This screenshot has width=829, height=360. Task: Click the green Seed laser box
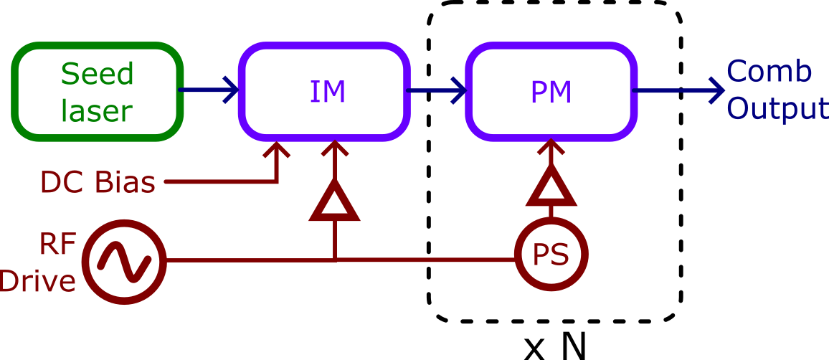click(98, 91)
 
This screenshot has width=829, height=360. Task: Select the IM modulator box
click(327, 91)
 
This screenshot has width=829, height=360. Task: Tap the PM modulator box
click(551, 91)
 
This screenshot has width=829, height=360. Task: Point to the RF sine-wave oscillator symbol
click(123, 259)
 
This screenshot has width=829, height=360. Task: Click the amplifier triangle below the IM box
click(333, 204)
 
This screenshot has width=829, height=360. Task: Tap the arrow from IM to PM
click(437, 91)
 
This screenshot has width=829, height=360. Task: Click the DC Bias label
click(98, 184)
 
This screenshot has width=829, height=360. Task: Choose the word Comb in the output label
click(769, 72)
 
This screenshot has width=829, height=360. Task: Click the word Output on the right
click(777, 109)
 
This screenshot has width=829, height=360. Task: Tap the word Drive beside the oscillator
click(37, 281)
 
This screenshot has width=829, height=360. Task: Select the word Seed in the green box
click(97, 74)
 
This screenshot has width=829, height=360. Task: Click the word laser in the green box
click(97, 111)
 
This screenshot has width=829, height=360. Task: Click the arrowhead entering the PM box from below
click(551, 149)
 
